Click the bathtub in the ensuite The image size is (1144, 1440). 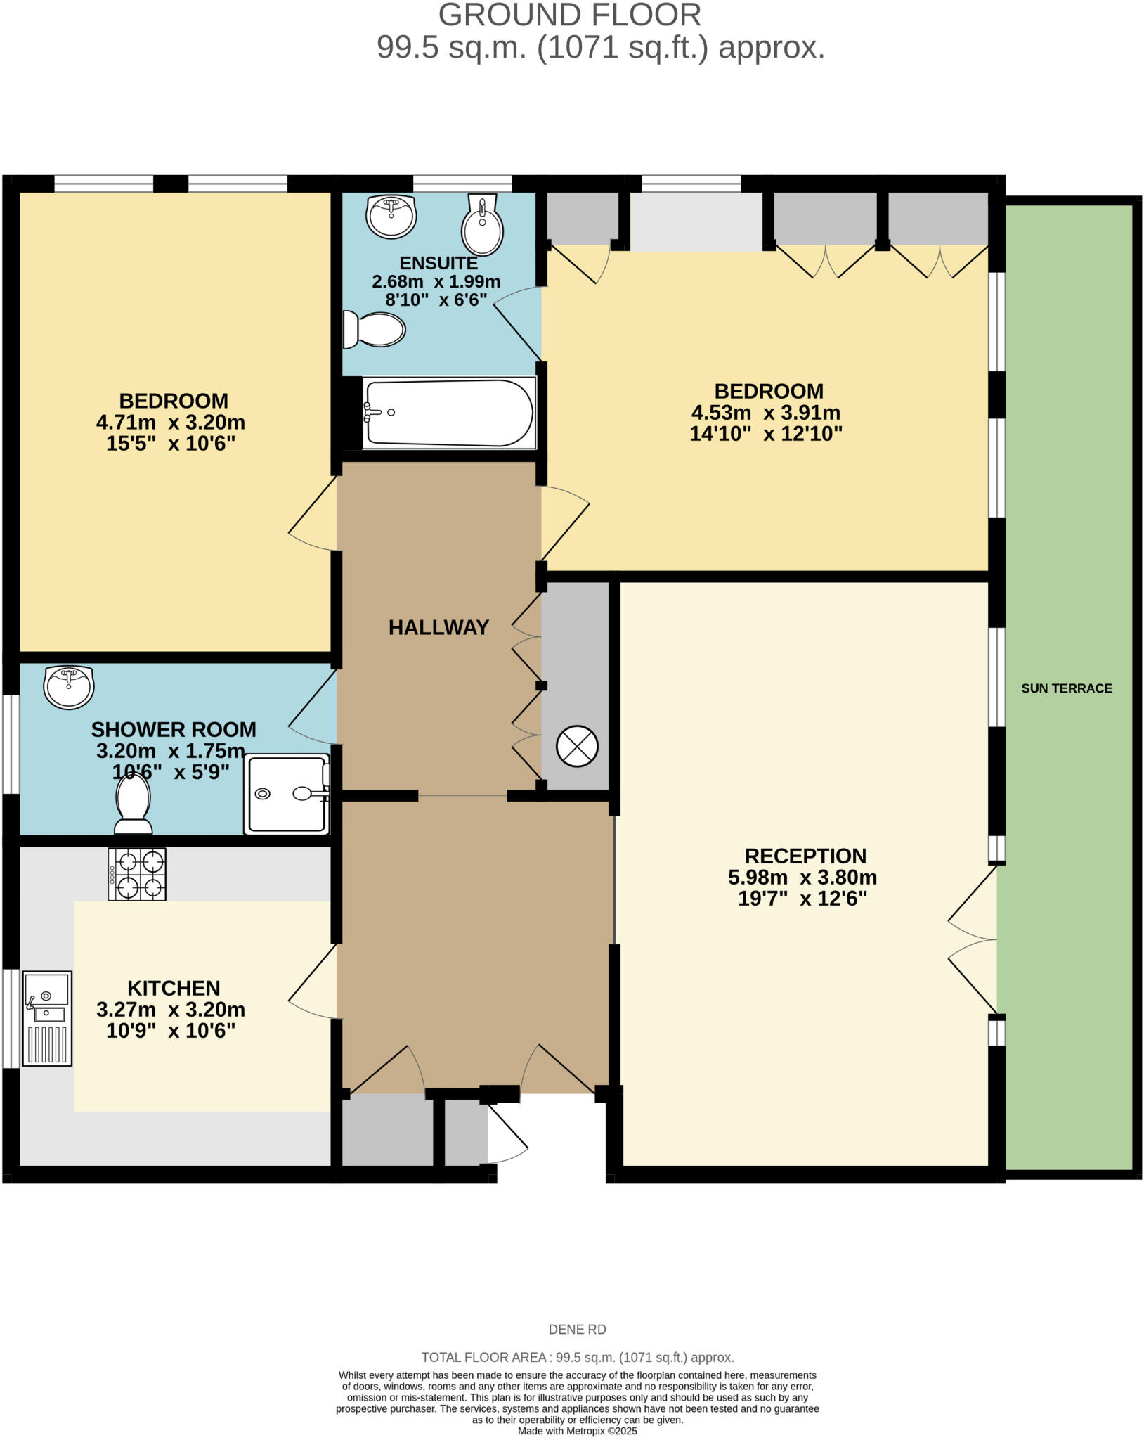click(x=448, y=413)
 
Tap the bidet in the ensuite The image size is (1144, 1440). click(x=482, y=224)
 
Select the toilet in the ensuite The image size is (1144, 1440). click(x=375, y=329)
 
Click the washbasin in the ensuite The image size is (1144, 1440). click(x=391, y=216)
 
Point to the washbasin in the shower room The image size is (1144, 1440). click(x=68, y=686)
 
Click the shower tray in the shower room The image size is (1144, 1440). click(x=287, y=795)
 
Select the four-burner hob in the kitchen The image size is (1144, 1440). click(x=137, y=874)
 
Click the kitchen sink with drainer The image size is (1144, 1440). click(x=47, y=1018)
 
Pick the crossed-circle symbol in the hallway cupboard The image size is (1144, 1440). click(x=577, y=746)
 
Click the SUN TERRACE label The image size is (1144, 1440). click(x=1066, y=688)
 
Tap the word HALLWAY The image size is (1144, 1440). click(x=438, y=627)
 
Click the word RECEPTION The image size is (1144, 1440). click(x=805, y=856)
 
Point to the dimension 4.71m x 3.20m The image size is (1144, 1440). click(x=171, y=423)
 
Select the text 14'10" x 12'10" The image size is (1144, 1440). click(x=765, y=434)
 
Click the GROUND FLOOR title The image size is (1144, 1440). click(x=569, y=15)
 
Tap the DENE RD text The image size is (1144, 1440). click(x=576, y=1330)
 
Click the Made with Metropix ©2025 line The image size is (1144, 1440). click(x=577, y=1431)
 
